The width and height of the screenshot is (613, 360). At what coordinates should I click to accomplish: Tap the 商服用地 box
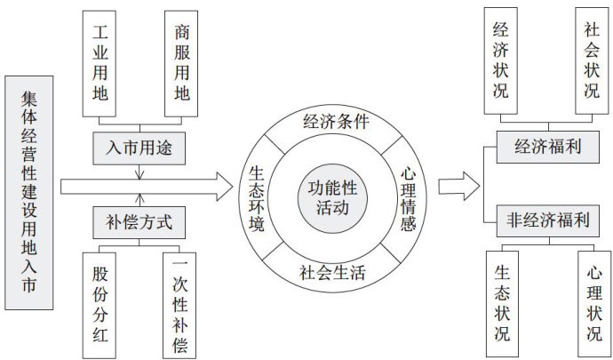pyautogui.click(x=181, y=62)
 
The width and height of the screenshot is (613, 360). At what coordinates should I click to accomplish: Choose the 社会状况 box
pyautogui.click(x=592, y=60)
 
